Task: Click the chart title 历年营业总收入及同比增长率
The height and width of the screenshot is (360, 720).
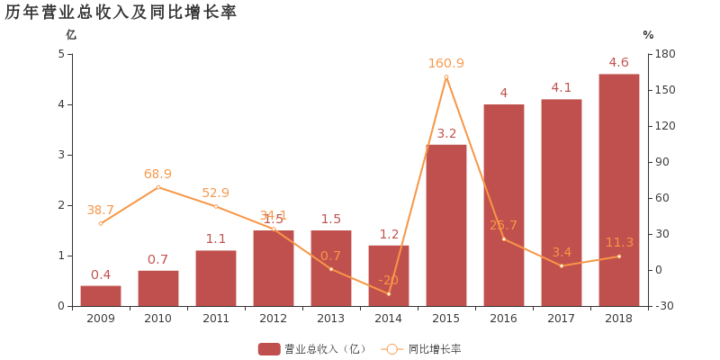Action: (x=121, y=13)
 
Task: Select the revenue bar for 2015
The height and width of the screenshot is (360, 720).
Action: (x=446, y=225)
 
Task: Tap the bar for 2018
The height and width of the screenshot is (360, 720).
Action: (x=619, y=190)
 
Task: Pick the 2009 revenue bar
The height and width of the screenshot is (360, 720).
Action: (x=101, y=296)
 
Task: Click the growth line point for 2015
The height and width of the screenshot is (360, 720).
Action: (x=446, y=76)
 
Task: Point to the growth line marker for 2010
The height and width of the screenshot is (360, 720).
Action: (x=158, y=187)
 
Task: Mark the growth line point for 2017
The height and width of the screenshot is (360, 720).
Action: (x=562, y=265)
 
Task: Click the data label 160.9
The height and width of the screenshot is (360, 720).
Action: (x=446, y=63)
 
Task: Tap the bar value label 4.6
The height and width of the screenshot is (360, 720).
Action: (x=619, y=62)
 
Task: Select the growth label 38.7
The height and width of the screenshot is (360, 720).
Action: (x=101, y=210)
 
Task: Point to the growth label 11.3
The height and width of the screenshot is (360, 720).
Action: (x=619, y=242)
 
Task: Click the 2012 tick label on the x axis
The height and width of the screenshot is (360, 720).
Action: (x=274, y=319)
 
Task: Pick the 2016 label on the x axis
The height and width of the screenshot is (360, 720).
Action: (x=504, y=319)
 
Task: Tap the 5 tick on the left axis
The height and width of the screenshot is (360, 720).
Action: (x=61, y=54)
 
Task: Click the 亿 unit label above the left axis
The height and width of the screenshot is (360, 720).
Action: (x=71, y=35)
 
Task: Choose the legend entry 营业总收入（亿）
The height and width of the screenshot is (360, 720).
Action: (x=312, y=349)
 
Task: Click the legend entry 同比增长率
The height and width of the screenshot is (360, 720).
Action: (x=423, y=349)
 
